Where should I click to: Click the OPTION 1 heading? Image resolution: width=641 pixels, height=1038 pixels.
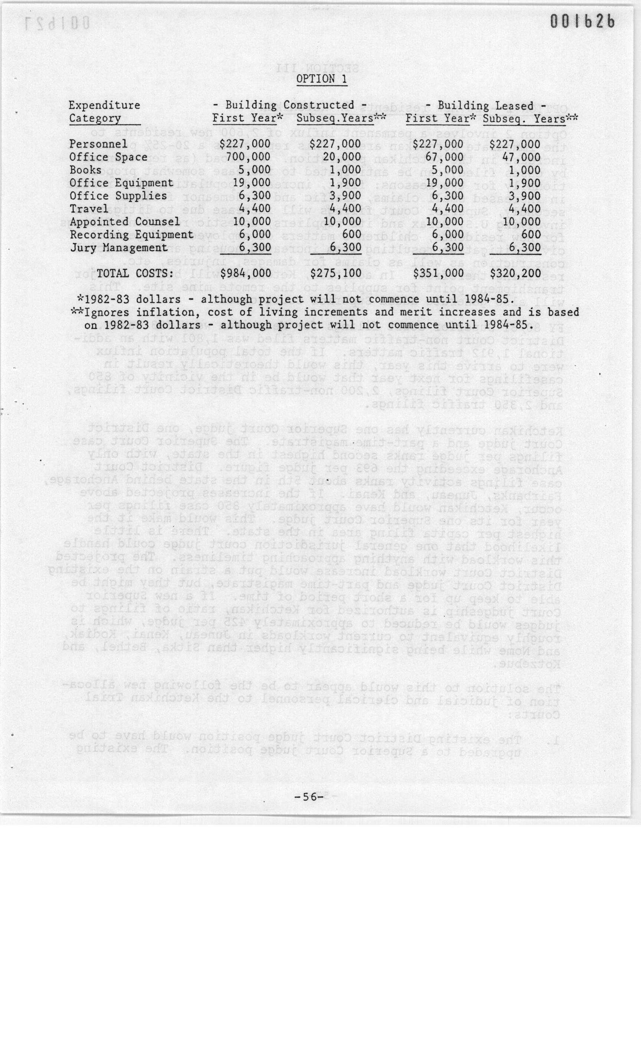click(x=321, y=79)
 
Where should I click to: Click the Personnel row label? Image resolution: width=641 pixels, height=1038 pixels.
click(x=98, y=145)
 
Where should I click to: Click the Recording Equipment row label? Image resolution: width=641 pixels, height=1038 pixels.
click(x=131, y=235)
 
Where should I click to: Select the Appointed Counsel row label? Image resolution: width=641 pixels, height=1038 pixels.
click(x=125, y=222)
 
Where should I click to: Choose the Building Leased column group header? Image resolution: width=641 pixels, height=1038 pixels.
click(x=486, y=105)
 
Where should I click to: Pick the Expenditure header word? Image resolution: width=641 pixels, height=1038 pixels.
click(x=104, y=105)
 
